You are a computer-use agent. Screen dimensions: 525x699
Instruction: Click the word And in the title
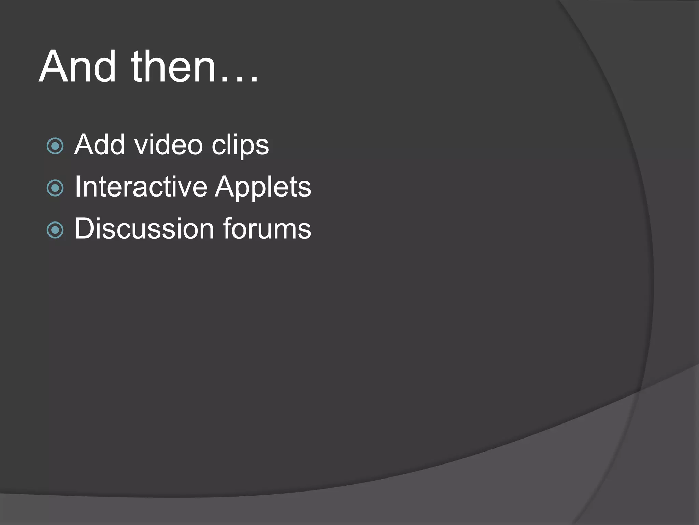coord(77,67)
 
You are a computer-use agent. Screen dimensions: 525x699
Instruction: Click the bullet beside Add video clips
coord(55,146)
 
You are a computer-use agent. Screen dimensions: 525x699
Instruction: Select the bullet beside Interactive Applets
coord(55,188)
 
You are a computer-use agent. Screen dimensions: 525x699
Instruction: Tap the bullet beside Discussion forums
coord(55,230)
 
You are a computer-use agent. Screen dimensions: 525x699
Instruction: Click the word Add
coord(99,145)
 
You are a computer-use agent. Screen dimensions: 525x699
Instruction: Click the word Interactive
coord(141,187)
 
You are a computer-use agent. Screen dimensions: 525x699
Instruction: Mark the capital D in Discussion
coord(84,229)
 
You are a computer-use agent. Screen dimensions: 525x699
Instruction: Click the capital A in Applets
coord(226,187)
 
